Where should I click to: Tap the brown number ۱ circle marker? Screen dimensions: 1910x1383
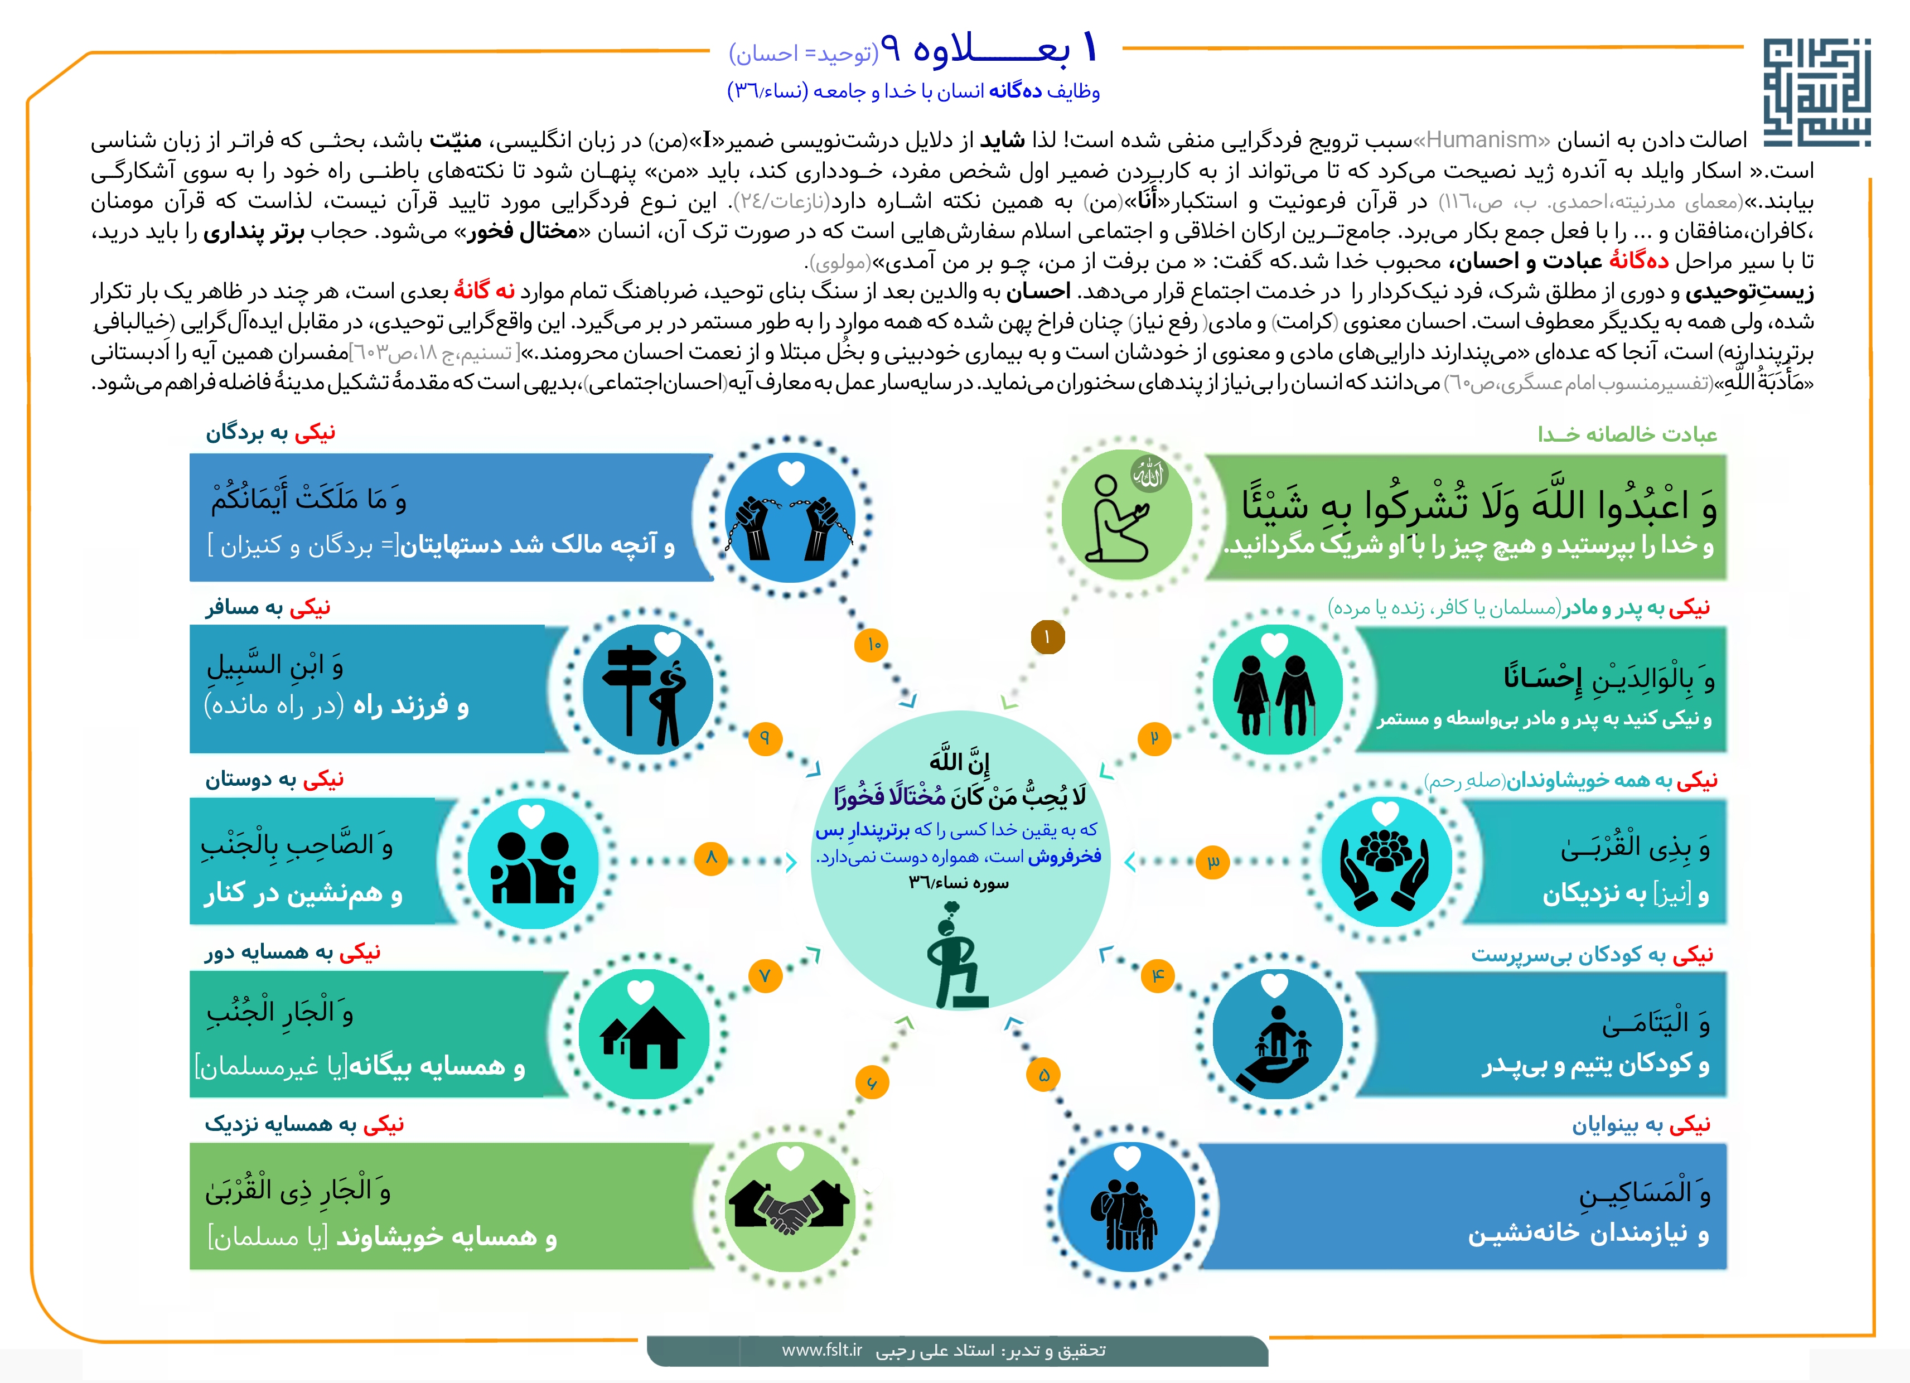(1048, 637)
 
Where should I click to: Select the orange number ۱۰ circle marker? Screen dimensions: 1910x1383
(873, 644)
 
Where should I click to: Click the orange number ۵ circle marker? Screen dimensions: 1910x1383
(1043, 1075)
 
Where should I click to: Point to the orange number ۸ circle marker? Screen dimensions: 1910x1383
(711, 858)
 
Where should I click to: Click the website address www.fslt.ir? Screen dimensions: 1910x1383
(822, 1350)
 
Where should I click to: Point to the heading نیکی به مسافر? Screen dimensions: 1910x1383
(268, 607)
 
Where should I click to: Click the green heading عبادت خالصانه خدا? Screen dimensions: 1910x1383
(1627, 434)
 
